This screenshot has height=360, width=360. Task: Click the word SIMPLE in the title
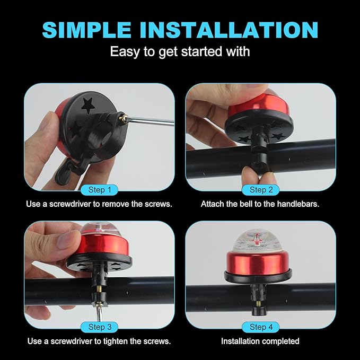pos(87,30)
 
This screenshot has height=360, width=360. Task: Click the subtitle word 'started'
pos(202,51)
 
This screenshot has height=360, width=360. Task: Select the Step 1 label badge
pos(100,190)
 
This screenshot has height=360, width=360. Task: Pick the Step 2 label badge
pos(261,190)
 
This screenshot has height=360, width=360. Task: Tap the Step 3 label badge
pos(100,327)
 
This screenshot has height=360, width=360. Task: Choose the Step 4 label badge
pos(261,327)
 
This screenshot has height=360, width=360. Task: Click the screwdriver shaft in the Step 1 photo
pos(151,121)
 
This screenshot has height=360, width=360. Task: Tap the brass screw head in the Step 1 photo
pos(124,118)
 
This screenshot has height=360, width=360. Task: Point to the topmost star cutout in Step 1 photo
pos(88,106)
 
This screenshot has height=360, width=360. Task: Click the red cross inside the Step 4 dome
pos(257,240)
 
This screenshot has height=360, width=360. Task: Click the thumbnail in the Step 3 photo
pos(68,240)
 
